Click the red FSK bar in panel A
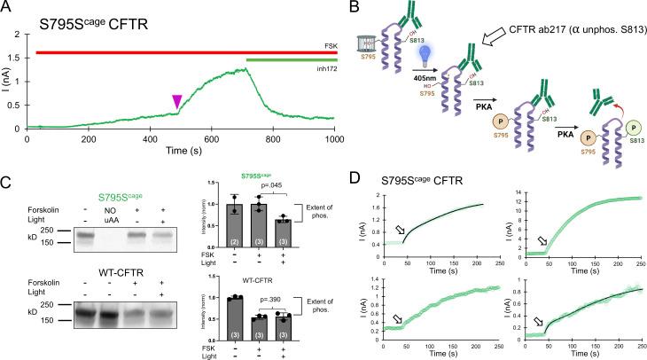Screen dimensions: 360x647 tap(177, 53)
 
